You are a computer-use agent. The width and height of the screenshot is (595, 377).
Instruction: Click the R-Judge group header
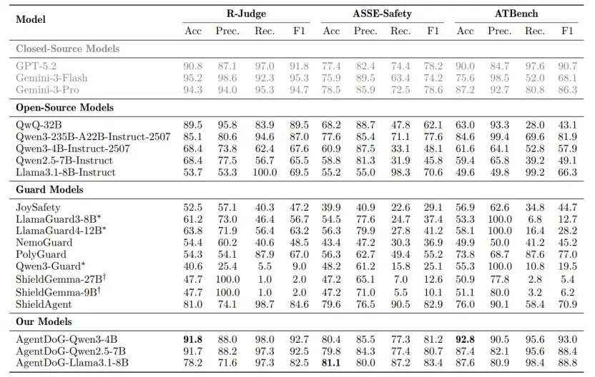(x=246, y=14)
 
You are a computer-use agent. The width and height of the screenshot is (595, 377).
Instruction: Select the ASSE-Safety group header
(x=382, y=14)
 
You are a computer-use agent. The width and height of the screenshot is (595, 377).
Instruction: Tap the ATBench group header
(x=516, y=14)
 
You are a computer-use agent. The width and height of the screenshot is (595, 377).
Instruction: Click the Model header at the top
(x=31, y=19)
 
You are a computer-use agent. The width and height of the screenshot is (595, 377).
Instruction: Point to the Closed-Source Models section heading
(x=67, y=49)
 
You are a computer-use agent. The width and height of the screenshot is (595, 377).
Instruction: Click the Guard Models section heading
(x=49, y=189)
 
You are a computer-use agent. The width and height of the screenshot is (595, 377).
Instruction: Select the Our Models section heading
(x=44, y=321)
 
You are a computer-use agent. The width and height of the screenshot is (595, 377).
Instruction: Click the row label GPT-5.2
(x=36, y=66)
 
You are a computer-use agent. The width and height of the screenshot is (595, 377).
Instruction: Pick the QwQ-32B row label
(x=39, y=125)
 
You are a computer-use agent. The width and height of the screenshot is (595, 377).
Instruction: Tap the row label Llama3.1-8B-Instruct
(x=66, y=172)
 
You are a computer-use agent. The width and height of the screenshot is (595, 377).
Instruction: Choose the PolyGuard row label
(x=41, y=254)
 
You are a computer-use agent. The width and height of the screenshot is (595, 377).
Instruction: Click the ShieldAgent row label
(x=44, y=304)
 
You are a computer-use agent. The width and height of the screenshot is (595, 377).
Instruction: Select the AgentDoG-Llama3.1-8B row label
(x=72, y=363)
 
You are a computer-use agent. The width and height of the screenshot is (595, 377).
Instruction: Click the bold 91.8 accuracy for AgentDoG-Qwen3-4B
(x=193, y=339)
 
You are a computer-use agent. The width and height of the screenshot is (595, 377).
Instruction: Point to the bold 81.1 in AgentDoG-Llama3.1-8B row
(x=331, y=363)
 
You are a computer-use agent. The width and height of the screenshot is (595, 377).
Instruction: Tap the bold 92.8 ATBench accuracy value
(x=466, y=339)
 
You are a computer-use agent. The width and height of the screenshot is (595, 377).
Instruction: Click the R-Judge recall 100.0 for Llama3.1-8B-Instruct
(x=265, y=172)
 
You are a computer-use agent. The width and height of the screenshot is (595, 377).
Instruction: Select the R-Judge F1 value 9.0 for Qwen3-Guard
(x=300, y=266)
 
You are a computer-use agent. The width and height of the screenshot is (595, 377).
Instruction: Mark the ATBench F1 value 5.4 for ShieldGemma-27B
(x=568, y=279)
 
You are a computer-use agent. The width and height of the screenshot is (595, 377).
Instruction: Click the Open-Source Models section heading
(x=64, y=108)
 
